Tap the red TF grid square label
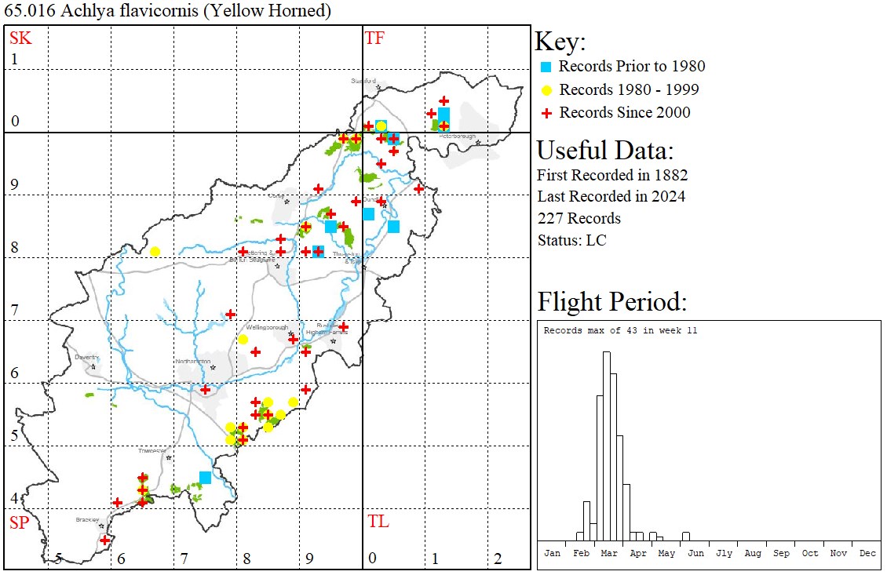(x=374, y=38)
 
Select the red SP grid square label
(x=19, y=522)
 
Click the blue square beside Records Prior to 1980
(x=546, y=67)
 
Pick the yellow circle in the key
(x=546, y=89)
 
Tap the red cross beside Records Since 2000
(x=546, y=113)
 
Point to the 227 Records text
(x=579, y=218)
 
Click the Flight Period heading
(x=611, y=302)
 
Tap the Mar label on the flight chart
(x=609, y=553)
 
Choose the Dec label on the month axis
(x=867, y=553)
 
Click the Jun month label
(x=695, y=553)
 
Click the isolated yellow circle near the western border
(x=155, y=252)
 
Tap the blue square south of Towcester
(x=205, y=477)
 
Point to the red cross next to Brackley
(x=105, y=540)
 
